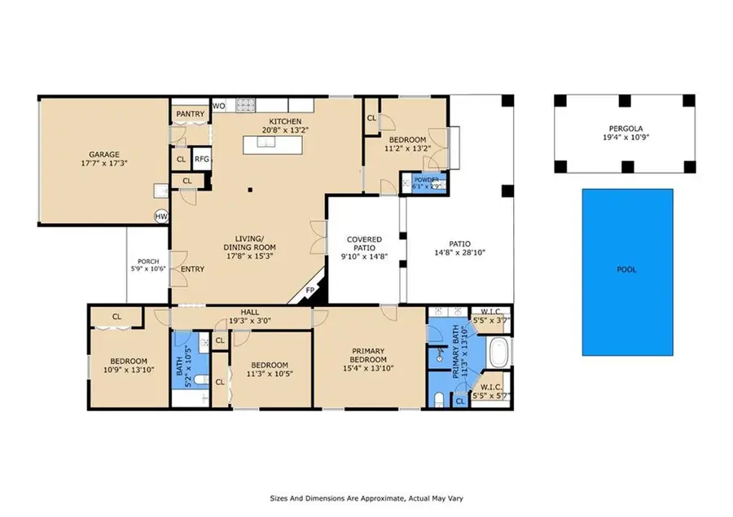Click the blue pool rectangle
627,272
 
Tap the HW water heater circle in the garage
161,217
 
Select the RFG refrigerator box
202,159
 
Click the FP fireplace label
310,291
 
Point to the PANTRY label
191,114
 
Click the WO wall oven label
219,106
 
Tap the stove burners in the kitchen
245,105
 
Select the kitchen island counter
273,145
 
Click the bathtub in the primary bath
499,353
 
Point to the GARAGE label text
104,154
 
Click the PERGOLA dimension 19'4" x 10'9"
626,138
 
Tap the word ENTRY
192,269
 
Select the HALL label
250,313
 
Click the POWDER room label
426,180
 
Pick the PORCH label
148,261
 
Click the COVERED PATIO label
365,243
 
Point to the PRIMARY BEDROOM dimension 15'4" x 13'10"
368,368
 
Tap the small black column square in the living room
250,190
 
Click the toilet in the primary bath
439,399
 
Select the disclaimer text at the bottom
366,498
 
